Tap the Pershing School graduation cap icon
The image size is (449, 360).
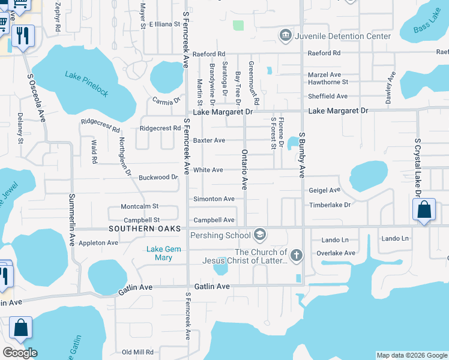[x=260, y=233]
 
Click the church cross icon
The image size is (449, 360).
[x=297, y=256]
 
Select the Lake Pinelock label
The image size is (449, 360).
[x=87, y=83]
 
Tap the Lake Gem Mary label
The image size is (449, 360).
[x=160, y=253]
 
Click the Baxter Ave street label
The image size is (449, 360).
[x=209, y=140]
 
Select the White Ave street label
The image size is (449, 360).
[x=208, y=170]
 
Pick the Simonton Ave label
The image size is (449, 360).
[x=214, y=199]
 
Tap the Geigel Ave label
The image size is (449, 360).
[x=324, y=190]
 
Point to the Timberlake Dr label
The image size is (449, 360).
[x=329, y=205]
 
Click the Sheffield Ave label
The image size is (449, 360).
[x=328, y=96]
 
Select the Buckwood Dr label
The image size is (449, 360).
[x=158, y=178]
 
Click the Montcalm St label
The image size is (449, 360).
[x=139, y=206]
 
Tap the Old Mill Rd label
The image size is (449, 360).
[x=137, y=352]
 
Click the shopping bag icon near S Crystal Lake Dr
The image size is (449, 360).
[x=424, y=210]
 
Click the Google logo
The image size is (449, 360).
[x=20, y=353]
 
